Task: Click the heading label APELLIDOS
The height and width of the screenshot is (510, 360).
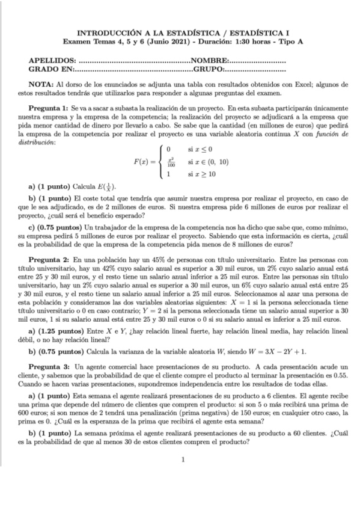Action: pyautogui.click(x=52, y=61)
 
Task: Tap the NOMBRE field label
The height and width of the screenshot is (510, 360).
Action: pyautogui.click(x=209, y=61)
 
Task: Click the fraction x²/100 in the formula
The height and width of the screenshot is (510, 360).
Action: pyautogui.click(x=171, y=162)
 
